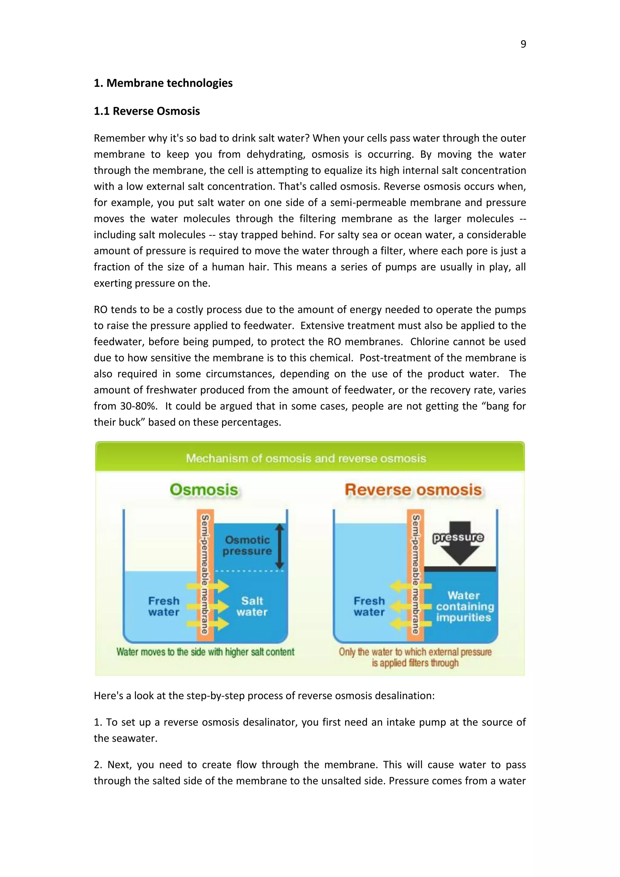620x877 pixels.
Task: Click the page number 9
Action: [x=523, y=44]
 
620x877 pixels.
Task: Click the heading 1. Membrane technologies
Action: [x=163, y=83]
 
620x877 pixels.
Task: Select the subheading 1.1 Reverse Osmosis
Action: [x=147, y=111]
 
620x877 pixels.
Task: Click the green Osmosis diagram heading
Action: [x=204, y=490]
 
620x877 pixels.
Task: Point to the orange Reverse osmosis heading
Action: [x=413, y=490]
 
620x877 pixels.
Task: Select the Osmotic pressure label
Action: [x=247, y=545]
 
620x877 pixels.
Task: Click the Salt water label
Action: [x=252, y=607]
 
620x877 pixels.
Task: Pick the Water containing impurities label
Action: [x=464, y=607]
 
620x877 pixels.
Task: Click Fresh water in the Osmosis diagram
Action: [x=163, y=607]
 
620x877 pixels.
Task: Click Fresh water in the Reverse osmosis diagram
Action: [x=369, y=607]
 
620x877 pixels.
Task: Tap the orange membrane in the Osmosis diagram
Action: [x=205, y=573]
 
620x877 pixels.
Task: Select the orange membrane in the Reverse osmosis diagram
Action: [x=415, y=573]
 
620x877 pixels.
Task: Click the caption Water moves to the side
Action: [x=205, y=652]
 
